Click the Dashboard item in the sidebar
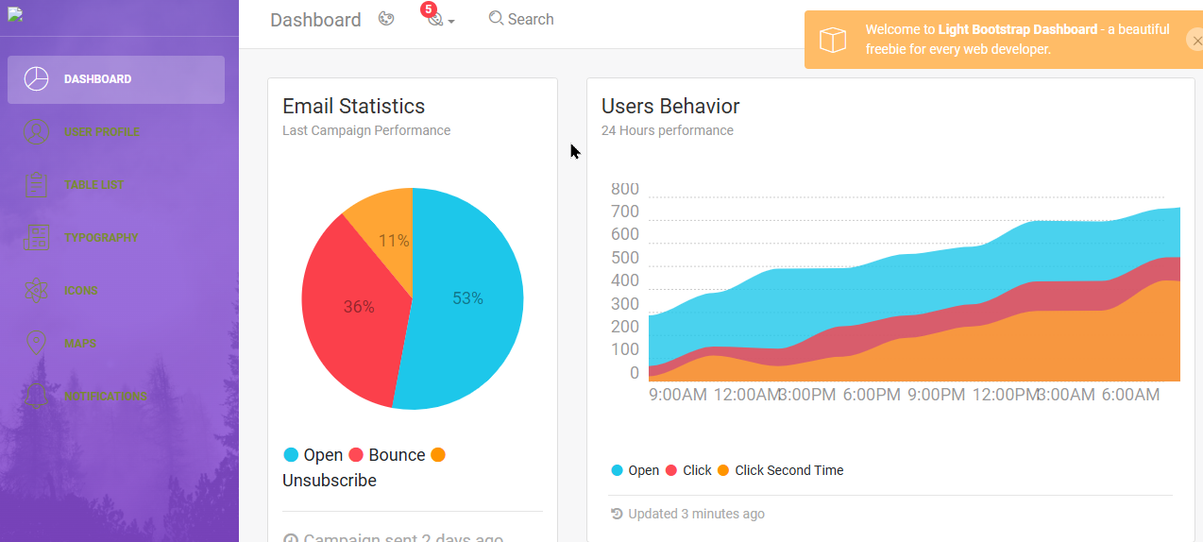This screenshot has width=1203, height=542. pos(97,79)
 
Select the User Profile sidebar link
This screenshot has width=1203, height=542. pos(101,132)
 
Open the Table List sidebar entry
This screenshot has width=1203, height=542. pos(93,185)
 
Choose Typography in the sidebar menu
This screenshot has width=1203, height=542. pos(101,238)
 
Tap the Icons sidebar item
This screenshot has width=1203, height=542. pos(80,291)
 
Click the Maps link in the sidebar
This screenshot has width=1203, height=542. pos(80,344)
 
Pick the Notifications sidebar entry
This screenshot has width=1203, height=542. pos(105,397)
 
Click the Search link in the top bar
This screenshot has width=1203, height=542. pos(521,19)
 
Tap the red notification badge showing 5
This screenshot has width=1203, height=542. pos(429,9)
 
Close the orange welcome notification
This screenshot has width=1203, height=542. pos(1194,40)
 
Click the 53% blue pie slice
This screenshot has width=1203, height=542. pos(467,298)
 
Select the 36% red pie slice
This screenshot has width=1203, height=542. pos(358,307)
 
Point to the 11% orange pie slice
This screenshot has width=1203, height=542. pos(393,241)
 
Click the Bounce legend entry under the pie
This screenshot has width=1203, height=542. pos(396,455)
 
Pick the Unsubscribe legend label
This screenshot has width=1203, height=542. pos(330,481)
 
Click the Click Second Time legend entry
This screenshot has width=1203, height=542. pos(788,470)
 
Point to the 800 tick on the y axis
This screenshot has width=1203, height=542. pos(624,189)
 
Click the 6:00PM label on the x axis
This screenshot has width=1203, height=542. pos(872,395)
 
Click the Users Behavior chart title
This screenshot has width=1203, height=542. pos(670,106)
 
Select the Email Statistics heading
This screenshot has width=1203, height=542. pos(354,106)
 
